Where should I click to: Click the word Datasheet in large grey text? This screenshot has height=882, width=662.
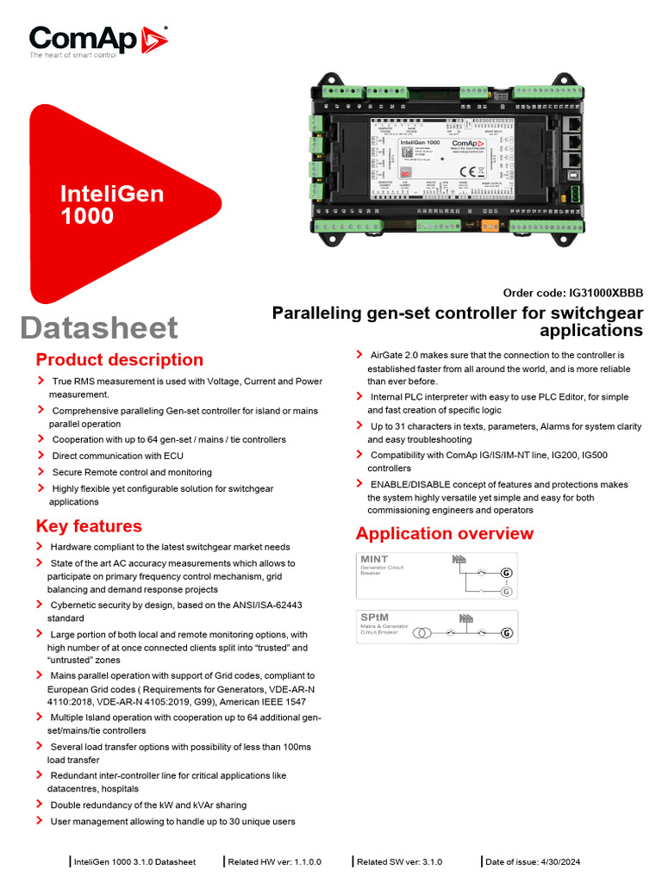click(99, 327)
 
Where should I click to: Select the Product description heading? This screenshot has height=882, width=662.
click(120, 360)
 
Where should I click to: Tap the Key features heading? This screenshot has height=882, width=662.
click(89, 525)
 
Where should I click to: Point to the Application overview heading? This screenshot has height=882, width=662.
click(444, 533)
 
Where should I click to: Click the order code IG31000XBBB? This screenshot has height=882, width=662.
click(603, 293)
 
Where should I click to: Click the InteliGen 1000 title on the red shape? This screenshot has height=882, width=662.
click(112, 204)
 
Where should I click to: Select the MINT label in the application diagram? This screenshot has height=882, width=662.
click(374, 560)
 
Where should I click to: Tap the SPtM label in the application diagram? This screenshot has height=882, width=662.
click(374, 618)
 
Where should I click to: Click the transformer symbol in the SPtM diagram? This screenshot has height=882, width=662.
click(422, 633)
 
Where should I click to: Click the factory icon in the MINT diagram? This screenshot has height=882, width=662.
click(458, 560)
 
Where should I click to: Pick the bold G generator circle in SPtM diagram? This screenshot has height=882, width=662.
click(507, 633)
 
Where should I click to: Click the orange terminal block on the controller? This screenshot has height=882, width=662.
click(489, 227)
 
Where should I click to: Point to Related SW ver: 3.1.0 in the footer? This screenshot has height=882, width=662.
click(399, 861)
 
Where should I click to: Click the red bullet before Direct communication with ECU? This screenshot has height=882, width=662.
click(41, 455)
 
